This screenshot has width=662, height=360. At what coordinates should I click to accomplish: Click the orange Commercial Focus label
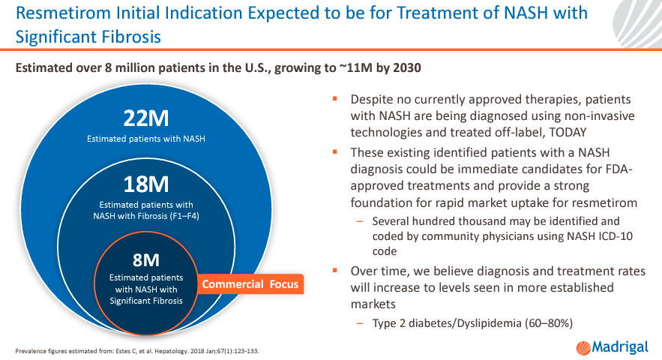(250, 284)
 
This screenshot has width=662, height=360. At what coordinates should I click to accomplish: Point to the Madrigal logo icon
(583, 346)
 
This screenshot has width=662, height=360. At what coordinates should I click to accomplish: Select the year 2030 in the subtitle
(405, 67)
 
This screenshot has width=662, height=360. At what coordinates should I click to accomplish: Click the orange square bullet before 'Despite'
(335, 99)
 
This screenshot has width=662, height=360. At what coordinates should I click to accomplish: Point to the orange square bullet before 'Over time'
(335, 270)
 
